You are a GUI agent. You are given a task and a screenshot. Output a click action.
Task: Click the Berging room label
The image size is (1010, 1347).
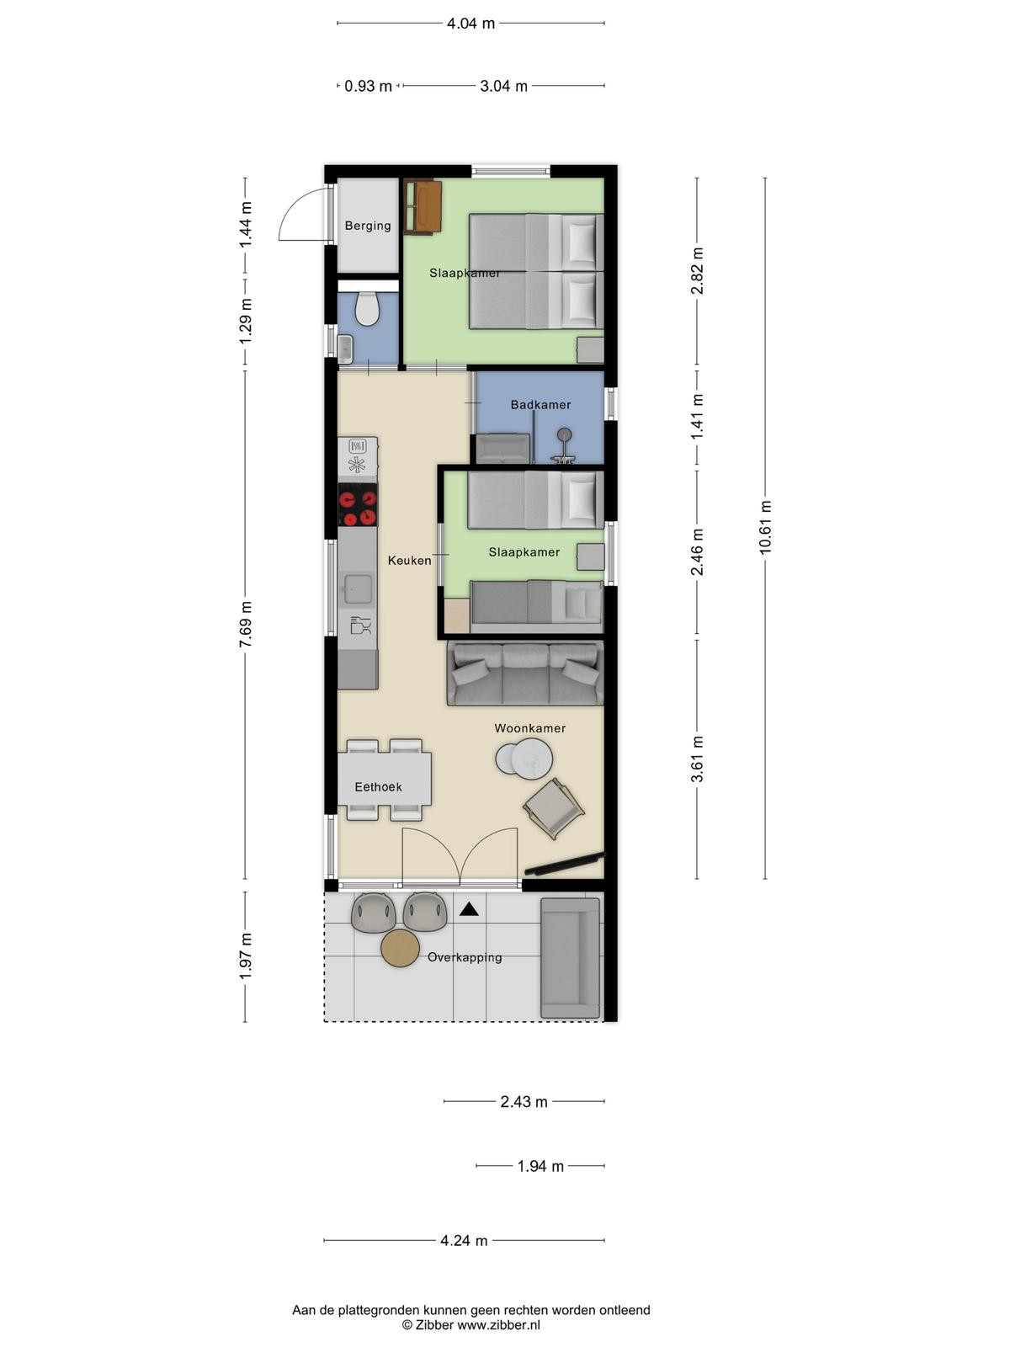click(367, 226)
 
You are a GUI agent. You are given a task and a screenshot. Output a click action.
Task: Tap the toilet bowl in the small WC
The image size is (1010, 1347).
click(367, 309)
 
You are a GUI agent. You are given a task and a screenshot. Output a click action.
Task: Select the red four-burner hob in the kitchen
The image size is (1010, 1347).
click(359, 504)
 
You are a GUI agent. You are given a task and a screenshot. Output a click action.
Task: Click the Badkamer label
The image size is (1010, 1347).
click(540, 404)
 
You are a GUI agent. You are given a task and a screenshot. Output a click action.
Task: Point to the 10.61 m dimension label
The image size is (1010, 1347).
click(765, 527)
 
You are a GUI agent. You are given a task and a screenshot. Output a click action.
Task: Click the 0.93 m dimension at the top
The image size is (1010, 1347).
click(368, 86)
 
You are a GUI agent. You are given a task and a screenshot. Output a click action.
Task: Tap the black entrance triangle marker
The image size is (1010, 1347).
click(469, 909)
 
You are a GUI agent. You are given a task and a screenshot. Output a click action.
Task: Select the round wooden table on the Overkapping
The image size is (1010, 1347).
click(400, 948)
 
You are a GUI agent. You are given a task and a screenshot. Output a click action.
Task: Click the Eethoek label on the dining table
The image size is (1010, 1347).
click(378, 786)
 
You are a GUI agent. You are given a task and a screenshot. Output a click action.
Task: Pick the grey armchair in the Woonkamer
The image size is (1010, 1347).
click(553, 809)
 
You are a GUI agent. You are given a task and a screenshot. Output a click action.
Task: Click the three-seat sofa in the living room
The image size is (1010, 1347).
click(525, 673)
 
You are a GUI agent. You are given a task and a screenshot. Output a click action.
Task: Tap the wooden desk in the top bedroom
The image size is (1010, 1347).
click(423, 207)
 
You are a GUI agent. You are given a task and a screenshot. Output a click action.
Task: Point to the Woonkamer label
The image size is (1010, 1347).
click(530, 728)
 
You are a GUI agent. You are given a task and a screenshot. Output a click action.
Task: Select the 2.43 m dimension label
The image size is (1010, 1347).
click(524, 1101)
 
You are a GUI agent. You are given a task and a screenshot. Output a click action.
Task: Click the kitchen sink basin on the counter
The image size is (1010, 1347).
click(358, 588)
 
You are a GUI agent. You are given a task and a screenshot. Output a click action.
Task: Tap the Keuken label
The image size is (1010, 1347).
click(409, 561)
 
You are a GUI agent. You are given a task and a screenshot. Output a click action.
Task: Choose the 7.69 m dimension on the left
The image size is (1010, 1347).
click(245, 624)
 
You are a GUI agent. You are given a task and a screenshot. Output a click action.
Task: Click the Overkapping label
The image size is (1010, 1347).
click(465, 957)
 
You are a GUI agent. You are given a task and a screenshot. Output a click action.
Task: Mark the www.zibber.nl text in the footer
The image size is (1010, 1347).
click(498, 1325)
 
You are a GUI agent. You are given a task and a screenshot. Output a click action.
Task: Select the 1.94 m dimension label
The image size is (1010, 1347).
click(540, 1166)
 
